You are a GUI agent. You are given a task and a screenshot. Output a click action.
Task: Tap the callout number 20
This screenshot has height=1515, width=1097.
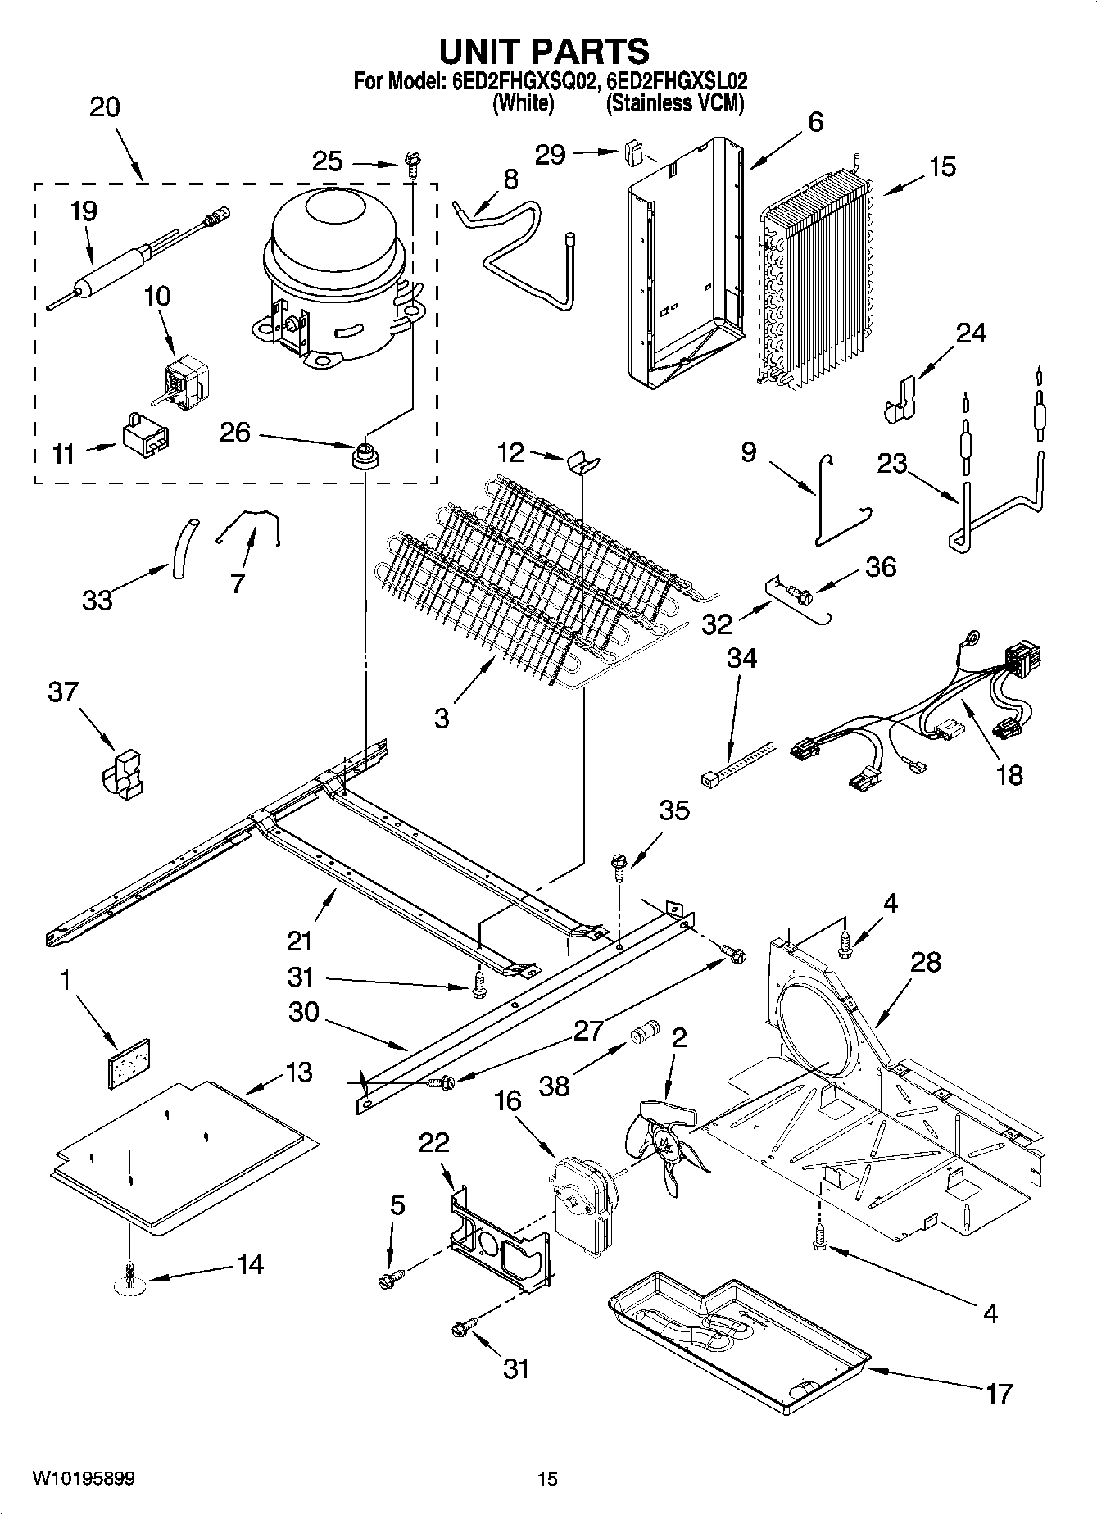(104, 107)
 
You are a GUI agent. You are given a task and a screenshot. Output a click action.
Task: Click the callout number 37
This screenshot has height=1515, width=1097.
(63, 692)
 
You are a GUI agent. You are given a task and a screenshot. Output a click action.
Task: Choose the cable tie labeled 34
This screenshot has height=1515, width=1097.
(738, 762)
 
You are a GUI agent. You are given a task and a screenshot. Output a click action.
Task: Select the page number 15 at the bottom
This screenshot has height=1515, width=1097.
(547, 1479)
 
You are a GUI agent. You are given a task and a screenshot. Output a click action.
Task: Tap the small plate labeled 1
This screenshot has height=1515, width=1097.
(130, 1063)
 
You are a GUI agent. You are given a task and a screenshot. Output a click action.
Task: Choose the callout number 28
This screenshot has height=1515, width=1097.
(925, 962)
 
